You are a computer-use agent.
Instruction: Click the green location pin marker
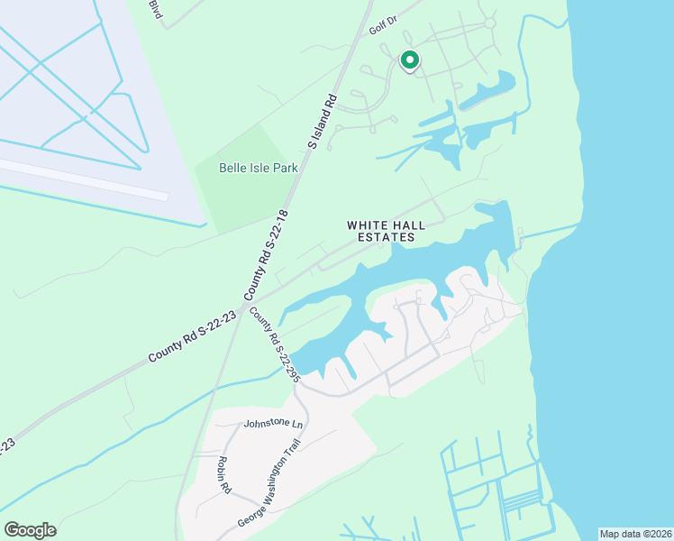409,60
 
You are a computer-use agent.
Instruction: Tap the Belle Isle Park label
258,167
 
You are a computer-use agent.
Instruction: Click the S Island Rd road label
322,121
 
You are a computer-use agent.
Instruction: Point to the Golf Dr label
383,24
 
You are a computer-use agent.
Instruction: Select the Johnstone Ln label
273,423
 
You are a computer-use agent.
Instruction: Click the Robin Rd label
223,474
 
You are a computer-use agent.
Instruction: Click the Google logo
30,530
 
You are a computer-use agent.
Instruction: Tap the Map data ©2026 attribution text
634,534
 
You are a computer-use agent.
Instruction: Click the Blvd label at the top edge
158,10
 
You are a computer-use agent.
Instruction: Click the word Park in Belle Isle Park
282,167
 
